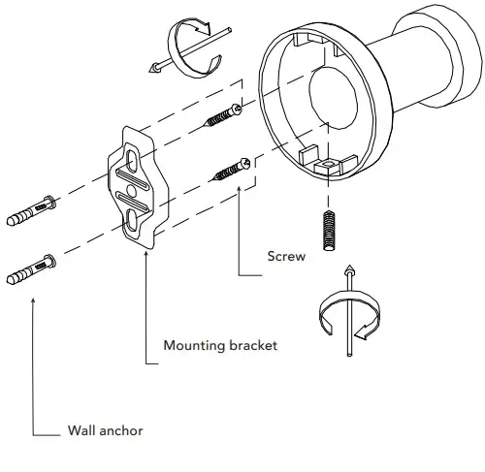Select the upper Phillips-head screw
pyautogui.click(x=224, y=121)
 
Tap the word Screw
pyautogui.click(x=286, y=258)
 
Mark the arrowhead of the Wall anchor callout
pyautogui.click(x=34, y=300)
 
